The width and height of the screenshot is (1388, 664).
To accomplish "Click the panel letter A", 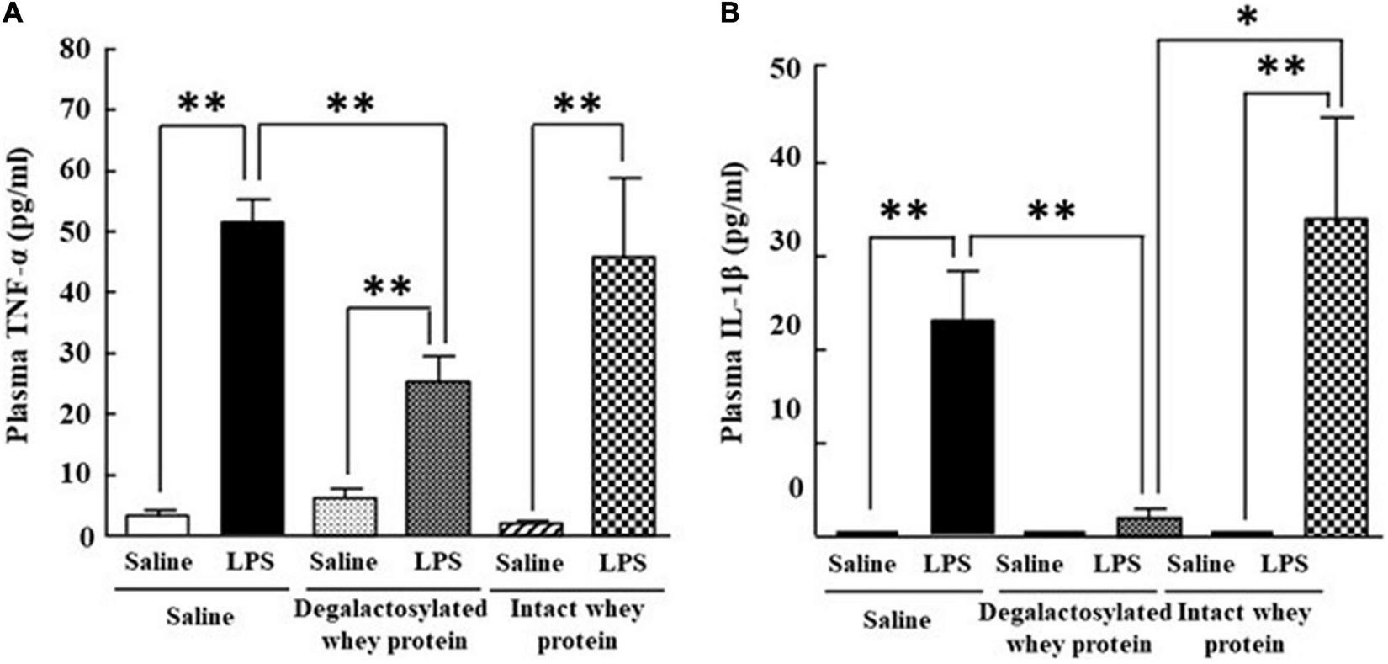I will [x=11, y=14].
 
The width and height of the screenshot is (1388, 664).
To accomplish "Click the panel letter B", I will [x=728, y=14].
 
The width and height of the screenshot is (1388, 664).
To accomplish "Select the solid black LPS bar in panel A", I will [x=252, y=379].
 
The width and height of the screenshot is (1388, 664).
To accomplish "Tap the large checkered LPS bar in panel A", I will [x=623, y=396].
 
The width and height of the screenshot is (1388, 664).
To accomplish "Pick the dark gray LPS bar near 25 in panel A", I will [x=437, y=459].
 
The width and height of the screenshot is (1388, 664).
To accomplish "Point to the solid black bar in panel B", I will [x=962, y=427].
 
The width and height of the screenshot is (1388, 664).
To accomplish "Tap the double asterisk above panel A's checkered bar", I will [x=578, y=104].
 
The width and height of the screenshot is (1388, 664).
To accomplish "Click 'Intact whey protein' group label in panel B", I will [x=1244, y=628].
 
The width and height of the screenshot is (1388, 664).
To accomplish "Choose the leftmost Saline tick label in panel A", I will [x=158, y=562].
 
